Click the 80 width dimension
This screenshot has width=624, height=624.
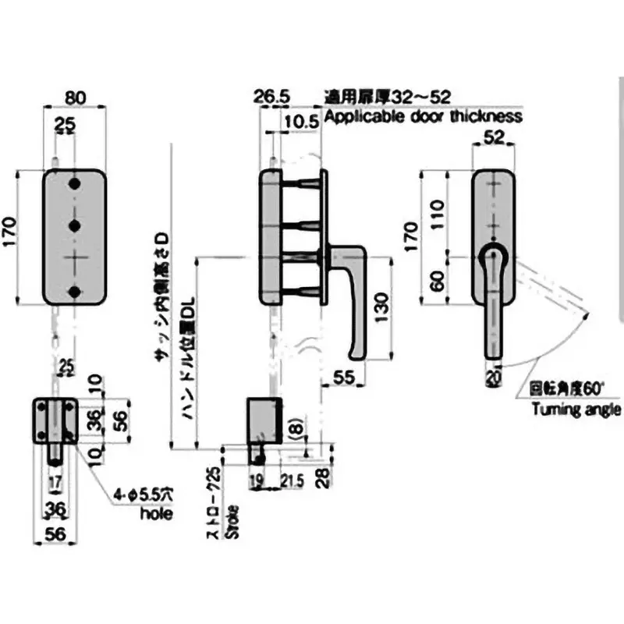[x=74, y=99]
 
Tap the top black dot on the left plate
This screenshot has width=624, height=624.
[x=75, y=185]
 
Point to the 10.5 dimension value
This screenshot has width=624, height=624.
[x=301, y=122]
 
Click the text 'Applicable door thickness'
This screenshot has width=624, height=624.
[x=422, y=117]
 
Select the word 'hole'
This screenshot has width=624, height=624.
[x=155, y=515]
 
